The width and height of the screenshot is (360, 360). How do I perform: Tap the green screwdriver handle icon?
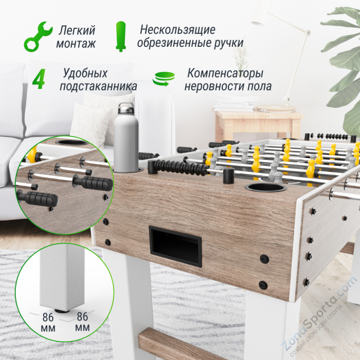click(x=121, y=36)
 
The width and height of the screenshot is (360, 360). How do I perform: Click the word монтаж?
click(x=78, y=43)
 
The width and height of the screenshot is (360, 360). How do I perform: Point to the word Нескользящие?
click(x=177, y=29)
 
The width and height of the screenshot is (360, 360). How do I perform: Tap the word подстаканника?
click(x=98, y=86)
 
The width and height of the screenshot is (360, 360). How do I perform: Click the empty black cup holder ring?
click(x=265, y=187)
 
